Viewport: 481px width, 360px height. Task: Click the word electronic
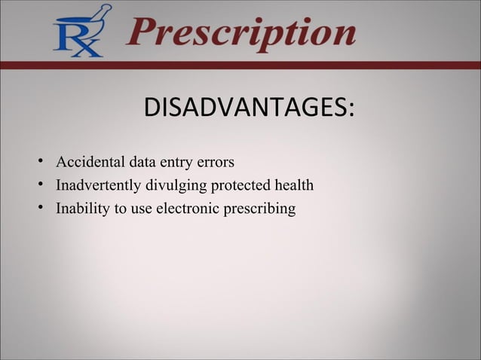(186, 208)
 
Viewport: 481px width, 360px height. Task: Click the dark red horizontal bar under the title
(240, 66)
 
